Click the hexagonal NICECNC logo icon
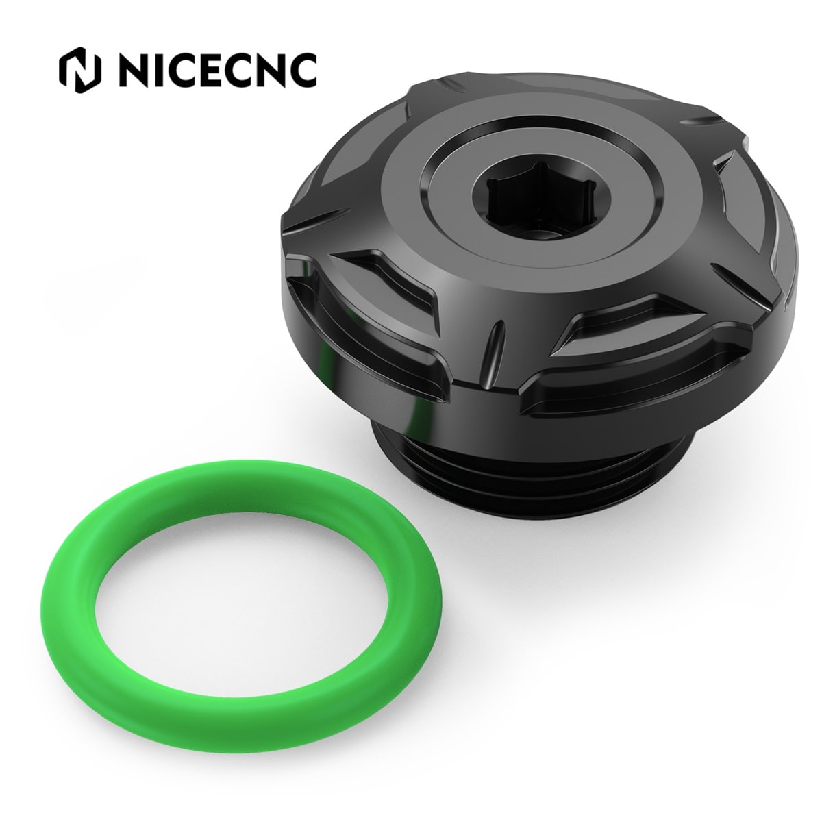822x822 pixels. tap(79, 70)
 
